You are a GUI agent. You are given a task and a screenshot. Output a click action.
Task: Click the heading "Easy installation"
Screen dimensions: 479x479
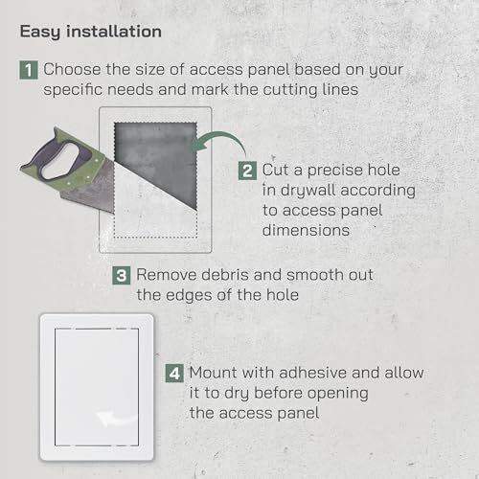[x=90, y=31]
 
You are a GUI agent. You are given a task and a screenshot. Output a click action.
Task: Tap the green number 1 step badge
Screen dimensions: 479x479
[x=31, y=70]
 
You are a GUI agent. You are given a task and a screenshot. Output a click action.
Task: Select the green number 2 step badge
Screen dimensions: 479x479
[x=247, y=170]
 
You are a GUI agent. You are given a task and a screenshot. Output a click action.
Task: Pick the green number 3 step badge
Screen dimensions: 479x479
[x=122, y=275]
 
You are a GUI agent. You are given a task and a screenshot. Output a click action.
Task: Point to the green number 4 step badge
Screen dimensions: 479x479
[x=174, y=372]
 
